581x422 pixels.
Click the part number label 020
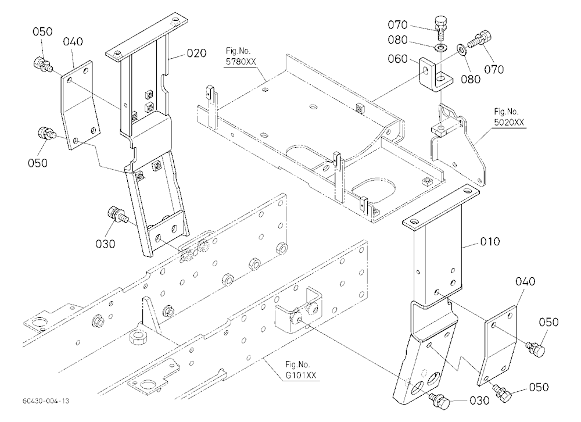[196, 53]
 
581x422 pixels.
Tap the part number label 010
[490, 242]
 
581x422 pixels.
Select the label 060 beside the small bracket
[397, 59]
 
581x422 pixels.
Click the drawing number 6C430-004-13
[45, 401]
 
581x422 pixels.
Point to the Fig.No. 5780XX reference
[241, 56]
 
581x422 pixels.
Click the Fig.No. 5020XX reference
[509, 117]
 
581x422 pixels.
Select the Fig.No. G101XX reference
[300, 370]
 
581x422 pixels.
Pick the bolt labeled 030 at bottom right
[439, 400]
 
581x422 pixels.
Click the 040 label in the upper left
[73, 41]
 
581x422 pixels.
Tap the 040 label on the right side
[525, 282]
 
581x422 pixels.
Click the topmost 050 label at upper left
[42, 32]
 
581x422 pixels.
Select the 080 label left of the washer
[397, 40]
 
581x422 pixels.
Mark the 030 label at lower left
[106, 244]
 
